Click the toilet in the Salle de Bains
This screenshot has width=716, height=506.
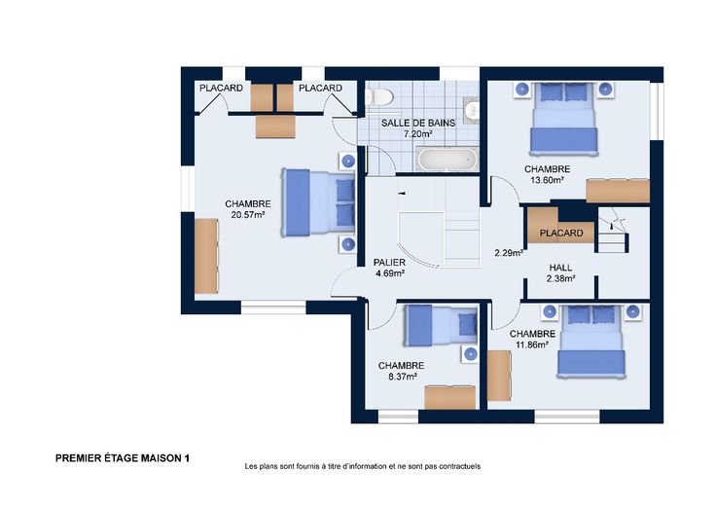click(379, 96)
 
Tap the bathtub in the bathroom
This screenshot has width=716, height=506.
click(447, 160)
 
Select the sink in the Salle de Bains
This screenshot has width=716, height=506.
click(472, 110)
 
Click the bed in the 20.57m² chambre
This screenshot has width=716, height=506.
click(318, 202)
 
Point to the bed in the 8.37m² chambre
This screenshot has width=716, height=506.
click(441, 325)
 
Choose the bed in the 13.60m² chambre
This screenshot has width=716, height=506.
click(563, 119)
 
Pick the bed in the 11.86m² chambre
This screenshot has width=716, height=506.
click(591, 342)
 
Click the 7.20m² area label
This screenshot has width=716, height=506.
click(417, 134)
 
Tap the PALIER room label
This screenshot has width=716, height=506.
click(389, 263)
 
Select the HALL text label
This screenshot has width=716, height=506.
click(560, 268)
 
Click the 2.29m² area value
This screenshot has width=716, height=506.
click(509, 253)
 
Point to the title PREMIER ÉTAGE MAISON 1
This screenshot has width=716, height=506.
click(123, 458)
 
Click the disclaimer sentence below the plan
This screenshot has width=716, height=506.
click(363, 466)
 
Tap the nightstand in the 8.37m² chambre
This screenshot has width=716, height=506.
click(470, 354)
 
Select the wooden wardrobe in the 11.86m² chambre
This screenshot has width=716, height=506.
click(499, 376)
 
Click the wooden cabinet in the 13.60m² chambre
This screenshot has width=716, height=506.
click(618, 191)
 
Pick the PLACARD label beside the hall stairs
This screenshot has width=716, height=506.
click(561, 233)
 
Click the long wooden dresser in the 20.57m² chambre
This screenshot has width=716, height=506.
click(206, 256)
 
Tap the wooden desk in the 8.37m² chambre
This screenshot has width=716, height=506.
click(450, 398)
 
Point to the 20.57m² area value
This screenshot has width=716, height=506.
click(248, 215)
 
